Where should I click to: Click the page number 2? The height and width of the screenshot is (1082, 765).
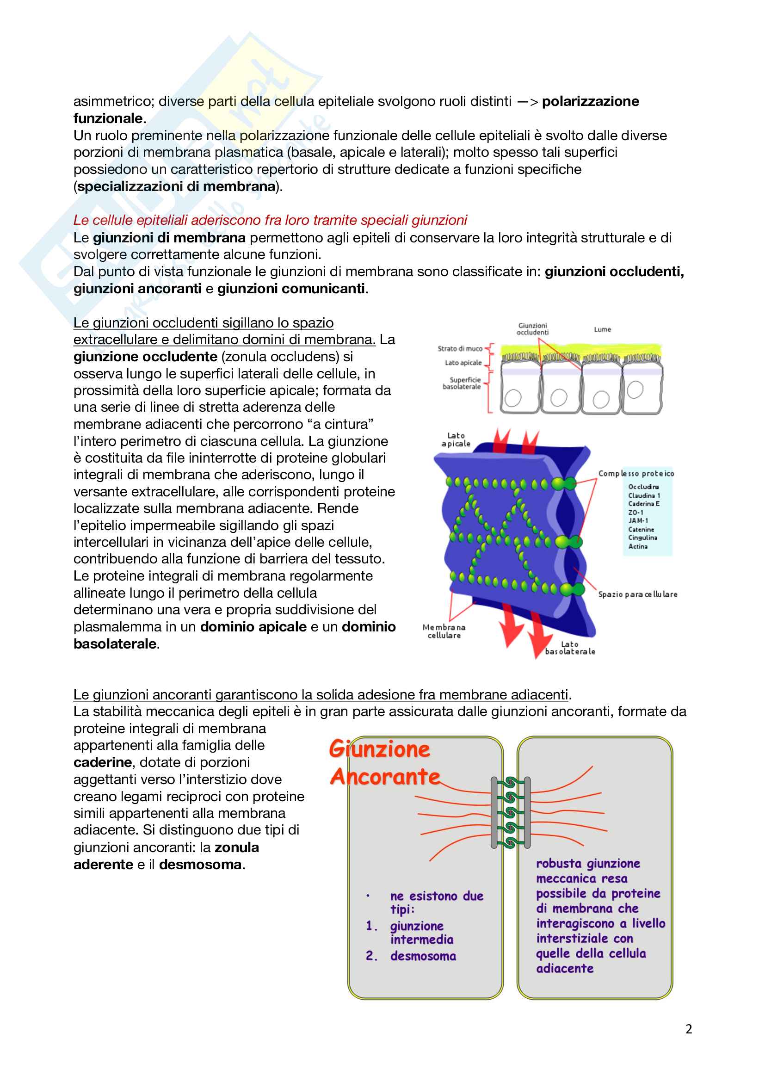689,1029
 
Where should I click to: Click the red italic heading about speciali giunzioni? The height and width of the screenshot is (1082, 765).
270,220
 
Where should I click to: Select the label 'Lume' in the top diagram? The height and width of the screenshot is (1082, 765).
603,329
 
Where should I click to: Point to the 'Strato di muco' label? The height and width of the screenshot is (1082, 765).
460,349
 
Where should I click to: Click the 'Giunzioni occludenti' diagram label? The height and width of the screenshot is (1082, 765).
532,329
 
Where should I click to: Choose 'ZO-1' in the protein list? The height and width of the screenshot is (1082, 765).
635,512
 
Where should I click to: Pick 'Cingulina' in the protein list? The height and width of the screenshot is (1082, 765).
642,538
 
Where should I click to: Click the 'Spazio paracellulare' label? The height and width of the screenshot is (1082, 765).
637,594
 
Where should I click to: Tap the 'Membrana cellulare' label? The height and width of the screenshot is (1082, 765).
444,631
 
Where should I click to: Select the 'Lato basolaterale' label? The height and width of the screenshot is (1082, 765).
570,648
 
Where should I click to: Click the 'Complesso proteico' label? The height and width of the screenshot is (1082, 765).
636,474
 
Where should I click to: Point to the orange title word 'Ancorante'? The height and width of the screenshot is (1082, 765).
385,777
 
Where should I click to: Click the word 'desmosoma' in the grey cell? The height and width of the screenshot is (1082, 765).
423,956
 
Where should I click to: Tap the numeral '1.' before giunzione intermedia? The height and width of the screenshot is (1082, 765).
372,926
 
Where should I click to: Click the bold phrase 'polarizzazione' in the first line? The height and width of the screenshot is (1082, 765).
590,101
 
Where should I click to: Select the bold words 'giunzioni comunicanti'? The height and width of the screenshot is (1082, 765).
290,288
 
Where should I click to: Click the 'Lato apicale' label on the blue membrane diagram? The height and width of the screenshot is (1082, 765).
456,439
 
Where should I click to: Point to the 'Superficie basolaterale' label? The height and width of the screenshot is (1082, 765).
462,383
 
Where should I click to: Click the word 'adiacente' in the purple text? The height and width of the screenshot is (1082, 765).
565,968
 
